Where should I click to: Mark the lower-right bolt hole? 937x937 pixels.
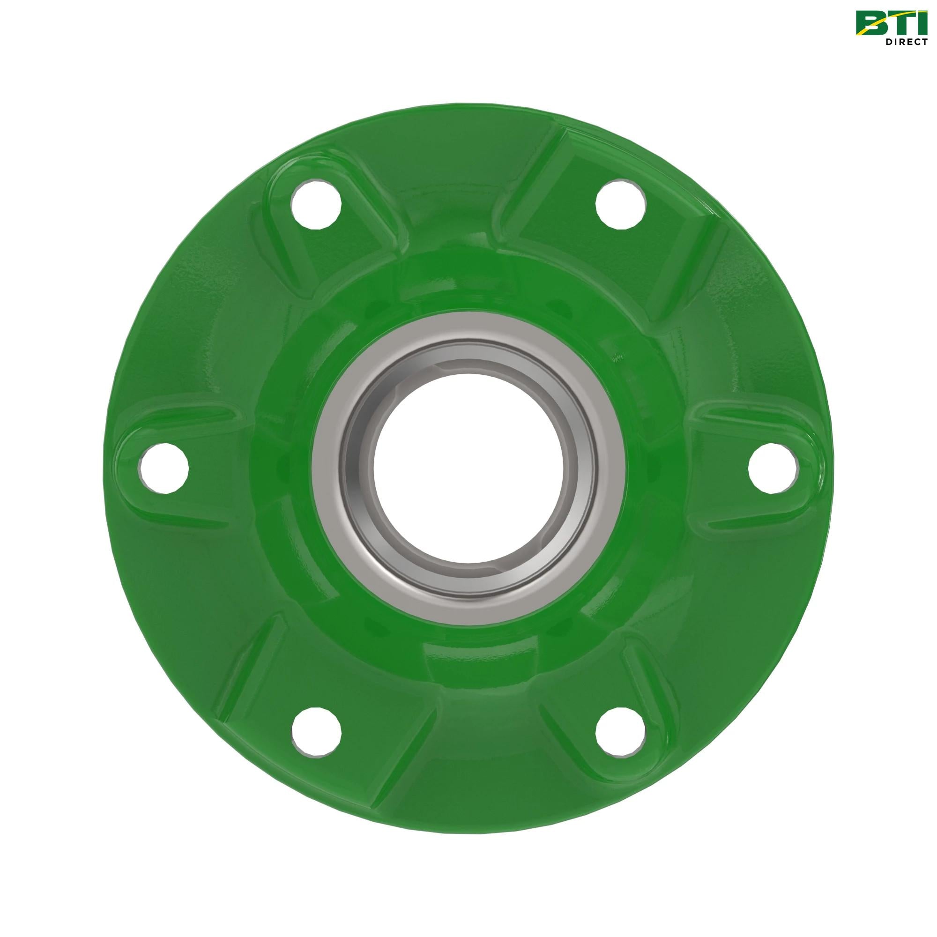click(621, 732)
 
